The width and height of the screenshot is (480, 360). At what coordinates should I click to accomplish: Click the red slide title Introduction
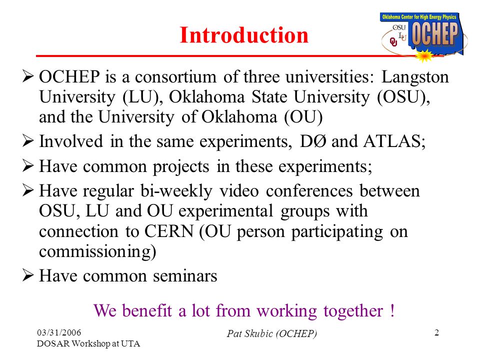tap(244, 35)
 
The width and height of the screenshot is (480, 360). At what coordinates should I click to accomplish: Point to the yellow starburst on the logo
tap(423, 56)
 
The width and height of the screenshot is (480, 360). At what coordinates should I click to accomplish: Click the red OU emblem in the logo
tap(393, 42)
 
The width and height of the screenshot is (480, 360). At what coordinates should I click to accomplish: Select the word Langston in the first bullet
tap(415, 77)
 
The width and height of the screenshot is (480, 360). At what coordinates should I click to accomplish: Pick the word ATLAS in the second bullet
tap(394, 141)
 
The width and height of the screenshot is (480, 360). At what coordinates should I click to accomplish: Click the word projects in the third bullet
tap(181, 167)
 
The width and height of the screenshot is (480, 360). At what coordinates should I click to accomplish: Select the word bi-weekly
tap(176, 191)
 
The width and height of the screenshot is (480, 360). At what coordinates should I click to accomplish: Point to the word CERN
tap(168, 231)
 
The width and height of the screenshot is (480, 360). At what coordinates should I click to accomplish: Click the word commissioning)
tap(97, 251)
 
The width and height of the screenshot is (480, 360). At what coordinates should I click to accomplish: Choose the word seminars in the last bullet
tap(185, 276)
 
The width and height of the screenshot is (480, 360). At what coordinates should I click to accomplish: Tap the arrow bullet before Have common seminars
tap(28, 275)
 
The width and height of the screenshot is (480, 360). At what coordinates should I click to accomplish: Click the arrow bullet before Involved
tap(28, 141)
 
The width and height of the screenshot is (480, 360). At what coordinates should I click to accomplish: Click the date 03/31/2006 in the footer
tap(59, 332)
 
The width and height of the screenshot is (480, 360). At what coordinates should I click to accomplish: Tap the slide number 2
tap(437, 332)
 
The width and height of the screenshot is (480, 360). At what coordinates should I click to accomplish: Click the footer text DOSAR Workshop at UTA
tap(88, 344)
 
